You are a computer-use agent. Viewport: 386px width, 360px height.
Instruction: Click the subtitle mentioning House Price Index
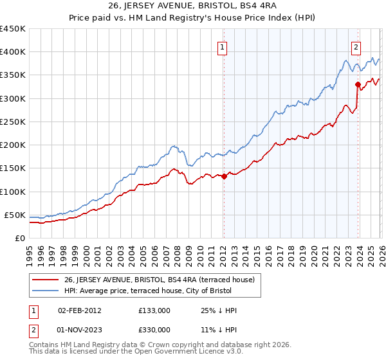click(x=192, y=19)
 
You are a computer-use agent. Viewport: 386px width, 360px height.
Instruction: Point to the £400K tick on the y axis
click(x=13, y=52)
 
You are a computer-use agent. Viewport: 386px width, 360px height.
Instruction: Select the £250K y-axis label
click(x=13, y=122)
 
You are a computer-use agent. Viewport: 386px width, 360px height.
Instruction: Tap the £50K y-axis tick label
click(x=15, y=215)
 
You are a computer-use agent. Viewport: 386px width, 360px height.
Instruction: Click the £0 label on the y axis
click(x=21, y=238)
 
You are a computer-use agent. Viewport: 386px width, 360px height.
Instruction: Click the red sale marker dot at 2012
click(x=224, y=176)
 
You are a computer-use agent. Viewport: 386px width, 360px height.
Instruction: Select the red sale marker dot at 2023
click(x=358, y=84)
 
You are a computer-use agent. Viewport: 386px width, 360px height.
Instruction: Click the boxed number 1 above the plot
click(x=222, y=46)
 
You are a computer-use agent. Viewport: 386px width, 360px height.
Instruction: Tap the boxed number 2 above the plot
click(x=356, y=46)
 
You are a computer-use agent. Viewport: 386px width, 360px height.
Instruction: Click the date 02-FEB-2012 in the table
click(x=79, y=310)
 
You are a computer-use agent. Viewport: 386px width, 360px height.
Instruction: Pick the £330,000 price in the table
click(x=154, y=329)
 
